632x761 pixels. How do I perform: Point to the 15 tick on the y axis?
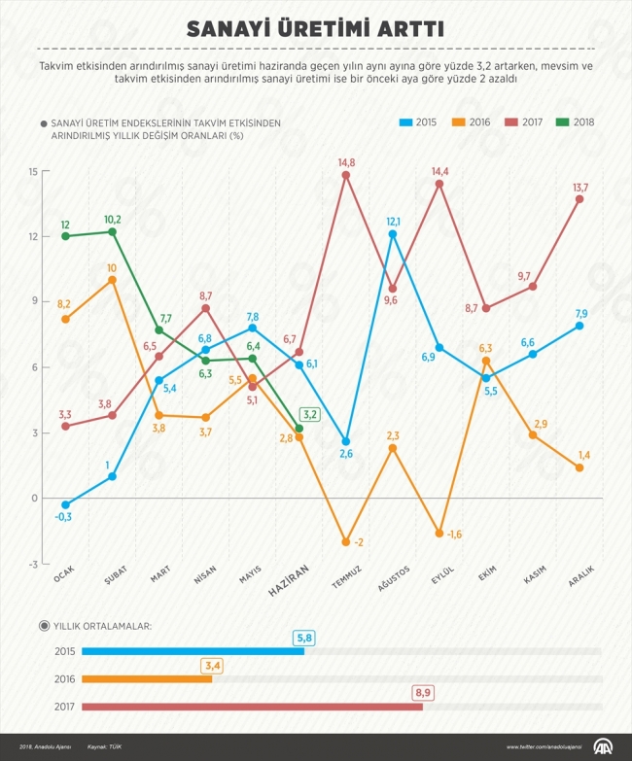click(32, 172)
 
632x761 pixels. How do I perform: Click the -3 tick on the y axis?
click(32, 564)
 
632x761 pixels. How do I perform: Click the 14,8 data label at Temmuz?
click(346, 162)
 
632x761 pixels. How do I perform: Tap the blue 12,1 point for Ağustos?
click(393, 234)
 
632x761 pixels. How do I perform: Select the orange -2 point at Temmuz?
click(345, 542)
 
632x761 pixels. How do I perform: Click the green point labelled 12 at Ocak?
click(65, 236)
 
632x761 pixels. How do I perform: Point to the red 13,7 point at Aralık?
click(579, 199)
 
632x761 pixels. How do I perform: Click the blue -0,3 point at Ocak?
click(65, 505)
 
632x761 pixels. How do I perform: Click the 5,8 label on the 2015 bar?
click(305, 638)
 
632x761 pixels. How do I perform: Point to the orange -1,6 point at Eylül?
click(439, 534)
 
